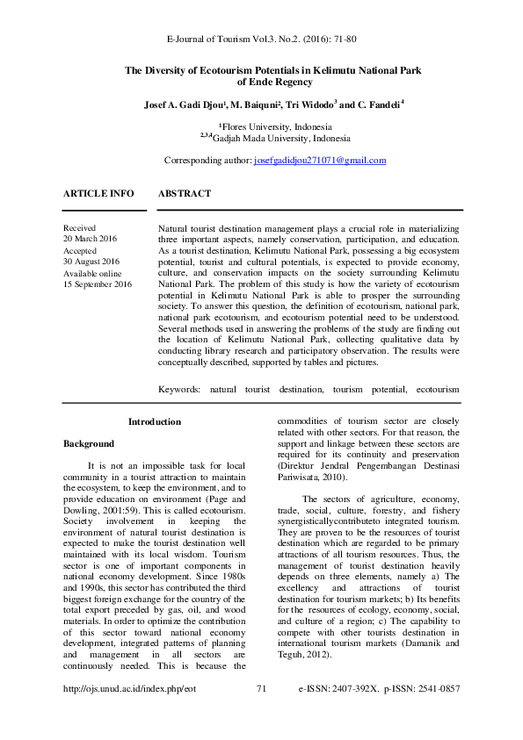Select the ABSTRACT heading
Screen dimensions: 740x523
point(185,193)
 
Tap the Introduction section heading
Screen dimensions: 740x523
point(155,421)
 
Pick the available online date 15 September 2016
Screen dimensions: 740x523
point(98,284)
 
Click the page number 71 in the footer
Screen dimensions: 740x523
point(261,714)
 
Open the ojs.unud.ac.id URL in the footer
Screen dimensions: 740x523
point(130,714)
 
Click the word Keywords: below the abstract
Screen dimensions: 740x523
point(178,386)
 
